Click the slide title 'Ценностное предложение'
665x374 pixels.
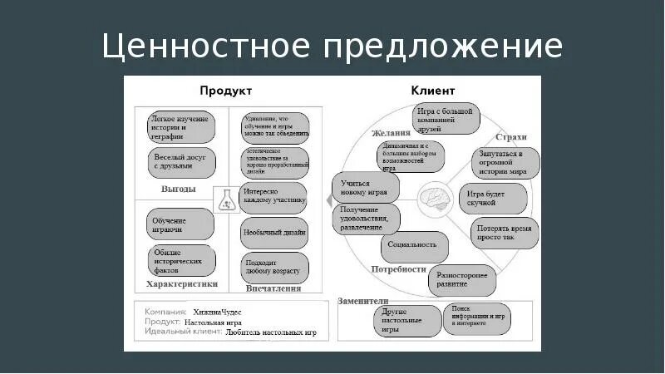coord(332,45)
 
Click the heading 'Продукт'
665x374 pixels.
coord(225,91)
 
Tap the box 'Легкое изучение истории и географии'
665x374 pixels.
coord(181,127)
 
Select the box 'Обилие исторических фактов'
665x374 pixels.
coord(182,262)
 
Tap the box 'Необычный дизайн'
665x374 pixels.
coord(275,233)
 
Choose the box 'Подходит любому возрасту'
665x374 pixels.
coord(275,268)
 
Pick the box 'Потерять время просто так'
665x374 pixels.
coord(505,232)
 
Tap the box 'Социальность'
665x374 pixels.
coord(414,247)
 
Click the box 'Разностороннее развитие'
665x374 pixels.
coord(462,278)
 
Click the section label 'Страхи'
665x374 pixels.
coord(511,135)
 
